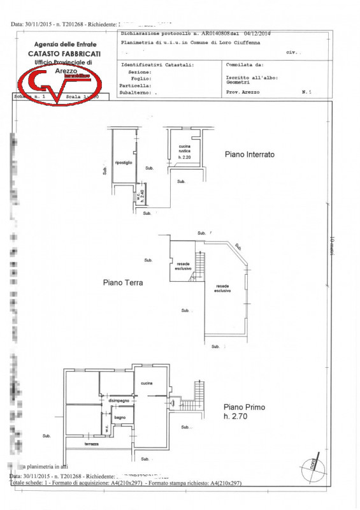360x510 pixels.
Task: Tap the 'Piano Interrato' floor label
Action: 250,154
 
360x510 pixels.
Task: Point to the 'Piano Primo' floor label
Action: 244,407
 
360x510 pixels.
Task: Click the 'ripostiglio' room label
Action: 123,163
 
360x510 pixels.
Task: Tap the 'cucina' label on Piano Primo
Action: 147,382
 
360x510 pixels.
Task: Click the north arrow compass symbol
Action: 312,465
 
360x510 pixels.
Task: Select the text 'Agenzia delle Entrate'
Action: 66,44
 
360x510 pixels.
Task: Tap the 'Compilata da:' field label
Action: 245,64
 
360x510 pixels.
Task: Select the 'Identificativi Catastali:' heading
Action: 157,65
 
